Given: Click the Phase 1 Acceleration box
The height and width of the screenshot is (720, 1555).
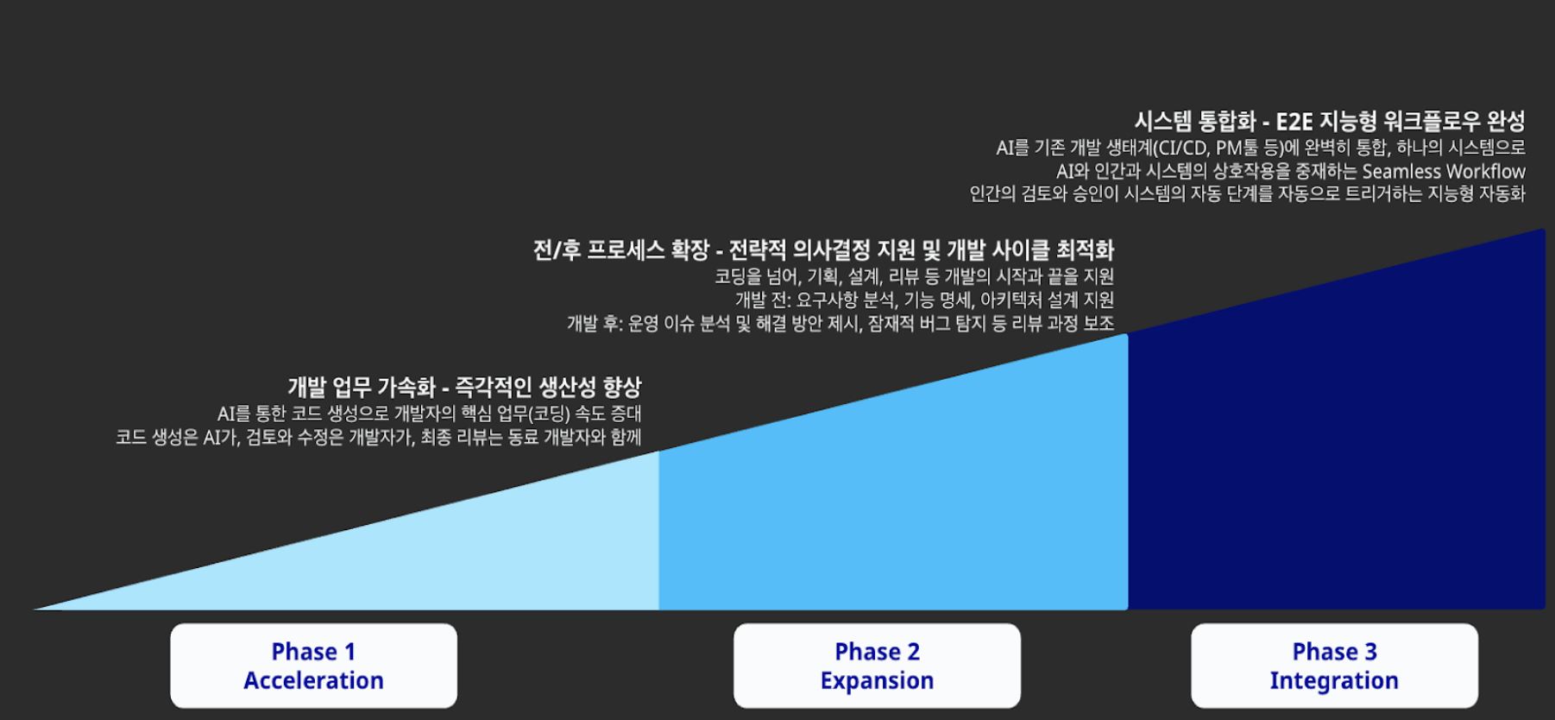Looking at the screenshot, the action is pyautogui.click(x=313, y=666).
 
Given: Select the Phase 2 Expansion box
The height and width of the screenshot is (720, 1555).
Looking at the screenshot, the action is pyautogui.click(x=877, y=666).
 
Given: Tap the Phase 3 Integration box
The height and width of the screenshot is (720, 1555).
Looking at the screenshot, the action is pyautogui.click(x=1334, y=666).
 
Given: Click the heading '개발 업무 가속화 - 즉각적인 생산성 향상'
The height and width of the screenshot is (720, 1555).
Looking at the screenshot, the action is pyautogui.click(x=464, y=387).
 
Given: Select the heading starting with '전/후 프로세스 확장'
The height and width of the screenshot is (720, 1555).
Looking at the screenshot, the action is pyautogui.click(x=823, y=250).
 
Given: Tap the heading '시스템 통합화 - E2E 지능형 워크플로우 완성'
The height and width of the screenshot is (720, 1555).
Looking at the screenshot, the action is pyautogui.click(x=1330, y=121).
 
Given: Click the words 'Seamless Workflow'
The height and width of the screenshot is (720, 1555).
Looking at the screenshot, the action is pyautogui.click(x=1444, y=171).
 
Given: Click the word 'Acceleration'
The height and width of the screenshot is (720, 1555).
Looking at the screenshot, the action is pyautogui.click(x=313, y=680).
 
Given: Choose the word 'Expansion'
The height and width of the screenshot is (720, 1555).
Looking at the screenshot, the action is pyautogui.click(x=877, y=680).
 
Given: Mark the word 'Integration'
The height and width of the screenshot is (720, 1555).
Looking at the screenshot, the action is pyautogui.click(x=1334, y=680).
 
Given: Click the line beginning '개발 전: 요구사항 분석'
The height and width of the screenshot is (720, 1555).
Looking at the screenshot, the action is pyautogui.click(x=924, y=300).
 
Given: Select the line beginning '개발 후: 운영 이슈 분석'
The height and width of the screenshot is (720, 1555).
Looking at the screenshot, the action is pyautogui.click(x=840, y=323).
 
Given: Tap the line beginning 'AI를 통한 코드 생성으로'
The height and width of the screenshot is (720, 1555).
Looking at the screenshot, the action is pyautogui.click(x=429, y=414).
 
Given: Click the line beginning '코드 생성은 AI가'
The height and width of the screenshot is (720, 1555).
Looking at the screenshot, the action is pyautogui.click(x=379, y=437).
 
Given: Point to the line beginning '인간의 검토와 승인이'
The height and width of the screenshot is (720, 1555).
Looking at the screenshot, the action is pyautogui.click(x=1247, y=193).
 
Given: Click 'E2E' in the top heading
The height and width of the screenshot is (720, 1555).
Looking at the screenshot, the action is pyautogui.click(x=1294, y=121).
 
